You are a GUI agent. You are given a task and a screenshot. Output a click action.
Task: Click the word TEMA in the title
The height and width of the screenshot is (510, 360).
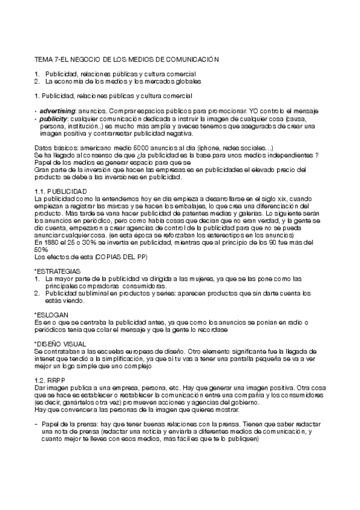click(43, 60)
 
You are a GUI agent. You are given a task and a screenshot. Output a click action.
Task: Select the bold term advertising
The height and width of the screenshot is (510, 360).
click(57, 111)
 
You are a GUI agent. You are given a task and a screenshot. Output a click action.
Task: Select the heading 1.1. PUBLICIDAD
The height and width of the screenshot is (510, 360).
click(61, 191)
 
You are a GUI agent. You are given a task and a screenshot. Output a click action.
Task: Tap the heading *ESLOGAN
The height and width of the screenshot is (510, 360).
click(52, 315)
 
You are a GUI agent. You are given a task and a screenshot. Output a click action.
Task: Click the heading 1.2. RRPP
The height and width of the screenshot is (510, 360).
click(50, 381)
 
